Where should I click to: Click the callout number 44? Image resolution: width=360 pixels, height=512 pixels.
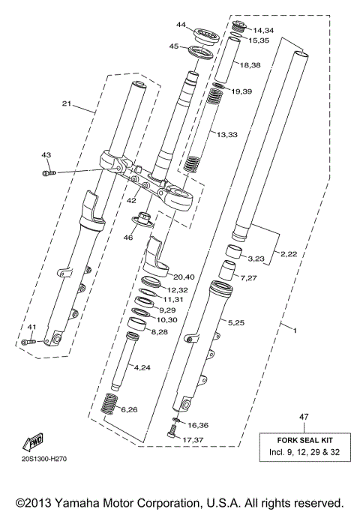(180, 25)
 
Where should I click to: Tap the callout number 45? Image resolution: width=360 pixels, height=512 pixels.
(173, 46)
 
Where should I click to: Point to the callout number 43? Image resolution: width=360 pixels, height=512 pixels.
(46, 154)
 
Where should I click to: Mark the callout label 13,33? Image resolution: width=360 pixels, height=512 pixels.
(228, 133)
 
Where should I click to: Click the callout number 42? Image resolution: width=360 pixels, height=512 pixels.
(131, 200)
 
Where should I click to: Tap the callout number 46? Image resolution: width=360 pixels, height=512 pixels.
(129, 237)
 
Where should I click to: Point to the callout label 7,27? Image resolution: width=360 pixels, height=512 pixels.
(247, 278)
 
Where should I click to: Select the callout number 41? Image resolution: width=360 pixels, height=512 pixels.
(31, 327)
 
